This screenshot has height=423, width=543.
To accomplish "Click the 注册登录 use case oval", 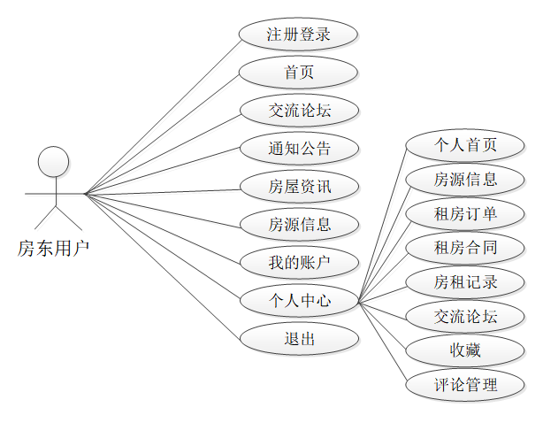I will tap(299, 35).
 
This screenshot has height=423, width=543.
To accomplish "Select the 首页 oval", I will tap(299, 73).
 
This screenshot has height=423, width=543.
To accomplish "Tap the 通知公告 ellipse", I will tap(299, 148).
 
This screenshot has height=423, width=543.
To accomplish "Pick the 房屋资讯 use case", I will tap(299, 186).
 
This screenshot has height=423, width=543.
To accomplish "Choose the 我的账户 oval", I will tap(299, 262).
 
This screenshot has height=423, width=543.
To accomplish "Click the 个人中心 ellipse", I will tap(299, 300).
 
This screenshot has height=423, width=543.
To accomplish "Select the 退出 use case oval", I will tap(299, 338).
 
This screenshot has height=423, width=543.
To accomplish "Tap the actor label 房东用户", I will tap(54, 249).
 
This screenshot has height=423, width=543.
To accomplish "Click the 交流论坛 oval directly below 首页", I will tap(299, 111).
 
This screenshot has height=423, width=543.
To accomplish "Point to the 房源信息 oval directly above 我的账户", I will tap(299, 224).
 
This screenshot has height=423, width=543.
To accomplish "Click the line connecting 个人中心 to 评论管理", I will tap(382, 343).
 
